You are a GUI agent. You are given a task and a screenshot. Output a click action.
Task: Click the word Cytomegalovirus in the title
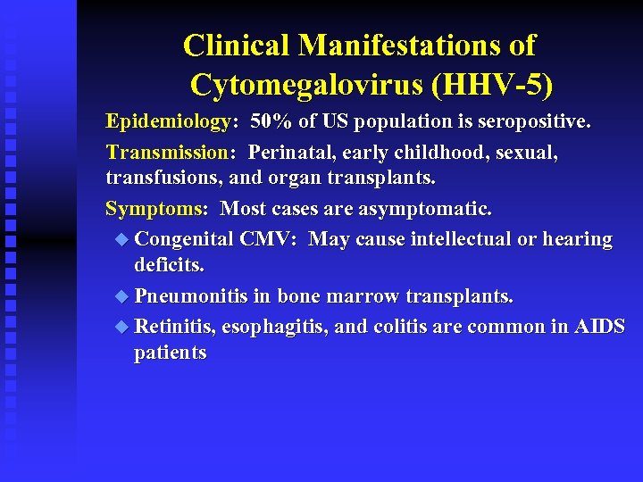tap(305, 86)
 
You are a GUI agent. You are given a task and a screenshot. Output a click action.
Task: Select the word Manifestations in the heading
tap(417, 45)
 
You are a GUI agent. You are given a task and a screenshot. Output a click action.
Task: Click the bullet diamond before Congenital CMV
tap(122, 239)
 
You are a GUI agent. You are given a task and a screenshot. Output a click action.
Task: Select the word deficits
tap(169, 265)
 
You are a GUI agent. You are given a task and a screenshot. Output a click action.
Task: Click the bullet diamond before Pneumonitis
tap(122, 296)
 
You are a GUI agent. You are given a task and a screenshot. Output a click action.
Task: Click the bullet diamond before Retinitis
tap(122, 327)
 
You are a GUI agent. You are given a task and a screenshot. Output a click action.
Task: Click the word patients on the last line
tap(170, 353)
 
